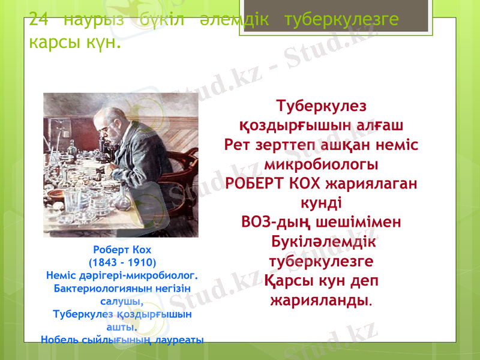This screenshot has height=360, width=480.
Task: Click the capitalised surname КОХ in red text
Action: (304, 182)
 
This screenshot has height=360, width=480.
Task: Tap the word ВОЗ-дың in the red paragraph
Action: (275, 222)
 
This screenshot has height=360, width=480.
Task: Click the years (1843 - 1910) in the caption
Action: (122, 263)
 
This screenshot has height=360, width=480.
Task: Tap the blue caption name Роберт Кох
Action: (122, 250)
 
